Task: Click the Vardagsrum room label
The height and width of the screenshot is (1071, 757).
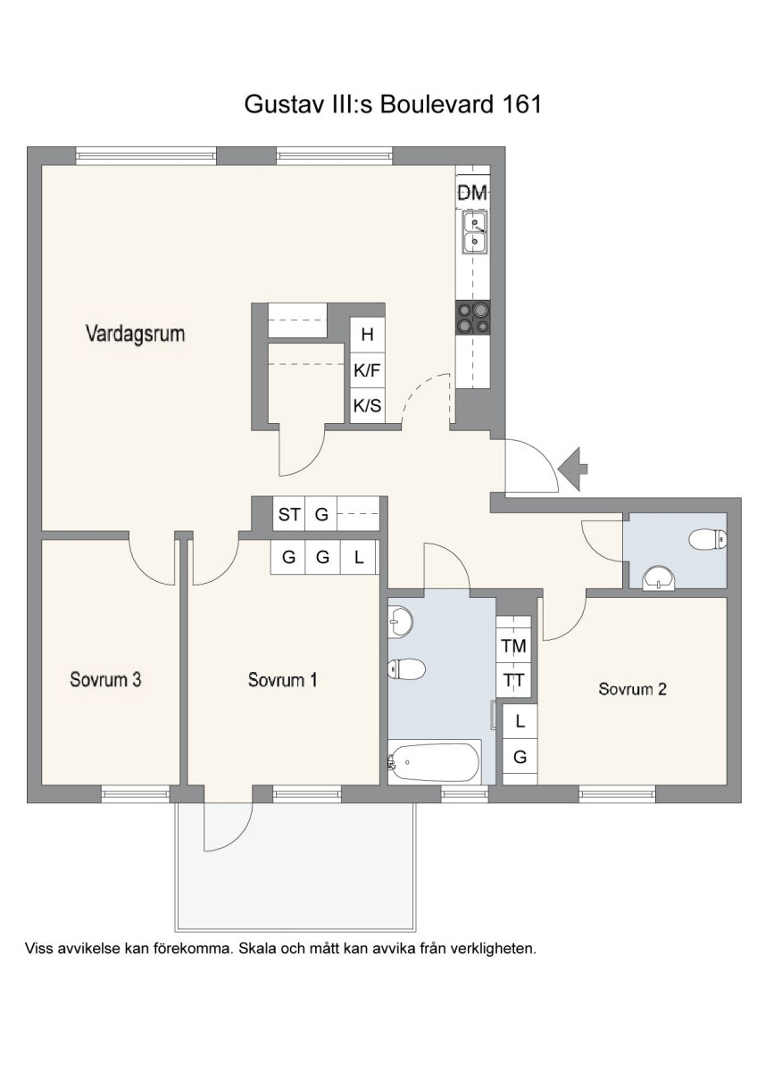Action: click(136, 334)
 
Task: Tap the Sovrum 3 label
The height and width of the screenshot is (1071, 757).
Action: click(105, 679)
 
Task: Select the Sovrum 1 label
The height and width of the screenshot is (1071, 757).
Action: click(283, 679)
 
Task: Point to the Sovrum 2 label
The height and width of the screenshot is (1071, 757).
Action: click(632, 689)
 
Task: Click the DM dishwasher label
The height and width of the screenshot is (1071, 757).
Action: click(472, 193)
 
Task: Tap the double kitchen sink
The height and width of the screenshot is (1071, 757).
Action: click(474, 233)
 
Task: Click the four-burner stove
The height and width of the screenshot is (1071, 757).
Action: click(473, 317)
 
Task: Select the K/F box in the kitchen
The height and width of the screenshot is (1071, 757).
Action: click(367, 370)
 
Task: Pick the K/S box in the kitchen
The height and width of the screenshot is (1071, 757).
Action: click(367, 405)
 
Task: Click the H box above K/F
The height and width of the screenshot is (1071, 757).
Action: click(367, 335)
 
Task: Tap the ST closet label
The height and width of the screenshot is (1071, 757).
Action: click(289, 514)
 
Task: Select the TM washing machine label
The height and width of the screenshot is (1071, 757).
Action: click(513, 646)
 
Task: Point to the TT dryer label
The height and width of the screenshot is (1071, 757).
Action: click(513, 679)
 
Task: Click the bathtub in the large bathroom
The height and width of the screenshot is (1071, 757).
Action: click(434, 761)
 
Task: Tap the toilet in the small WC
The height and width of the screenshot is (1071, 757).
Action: click(708, 539)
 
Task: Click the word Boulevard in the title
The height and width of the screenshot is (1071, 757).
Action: click(437, 104)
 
